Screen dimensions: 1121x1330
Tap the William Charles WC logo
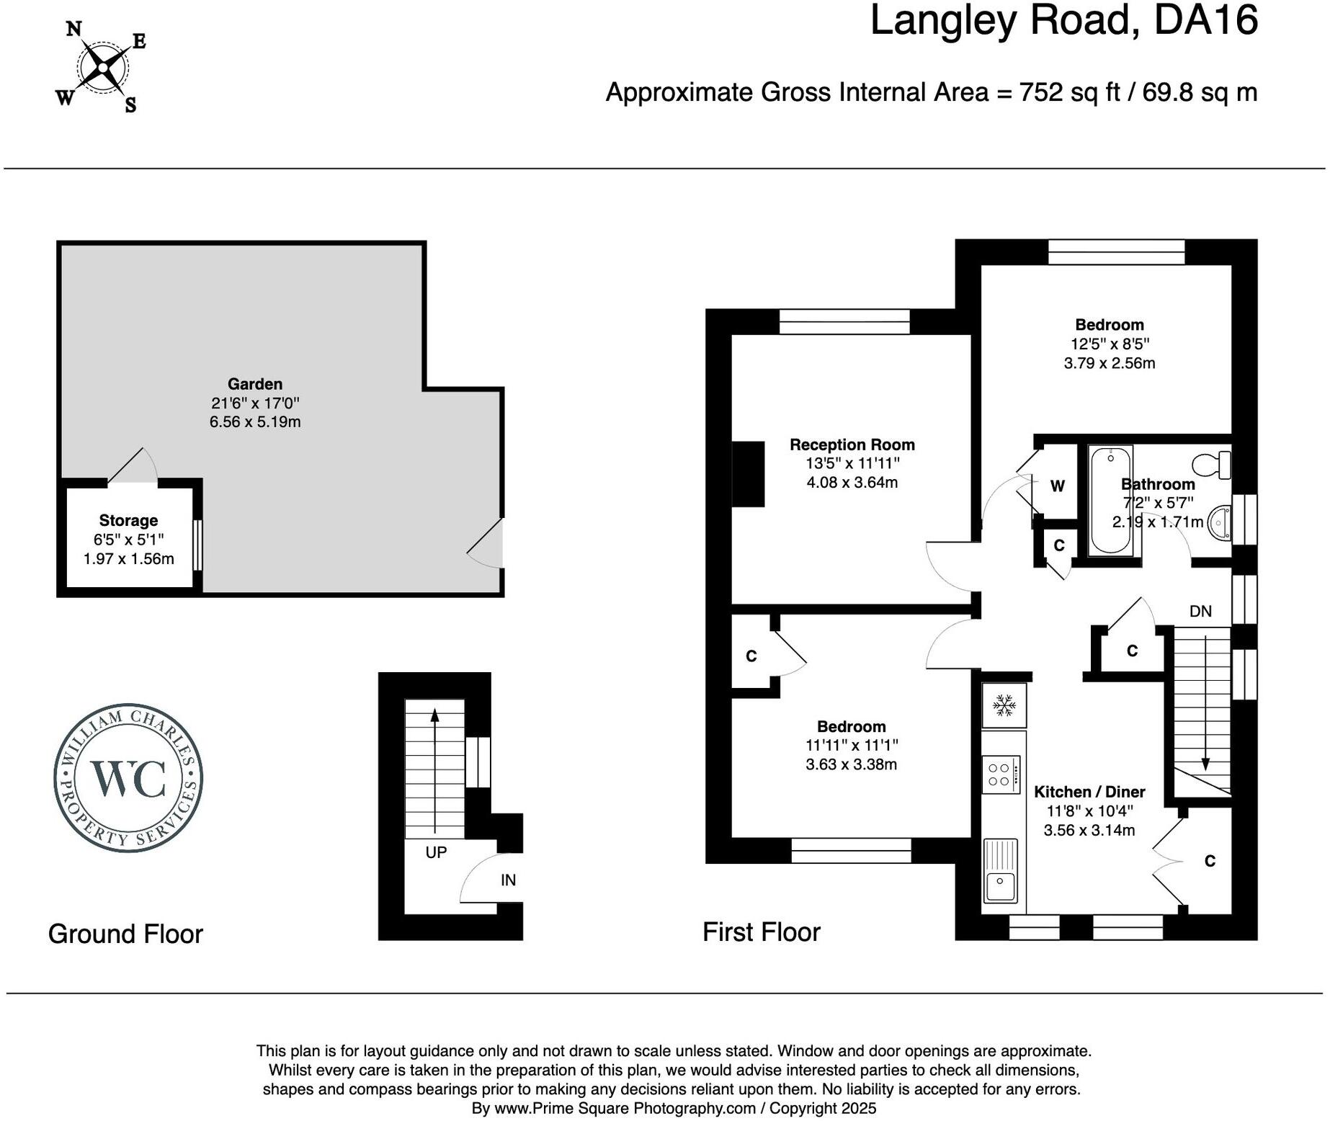pos(128,777)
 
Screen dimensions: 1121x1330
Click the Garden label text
pos(255,384)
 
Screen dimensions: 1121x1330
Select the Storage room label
pos(128,520)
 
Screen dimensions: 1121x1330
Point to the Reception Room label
pos(852,445)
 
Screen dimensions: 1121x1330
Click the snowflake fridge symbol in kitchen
pos(1004,705)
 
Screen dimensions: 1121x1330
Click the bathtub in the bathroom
pos(1110,500)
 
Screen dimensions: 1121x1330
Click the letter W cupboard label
pos(1057,486)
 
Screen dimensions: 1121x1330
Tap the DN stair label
pos(1200,612)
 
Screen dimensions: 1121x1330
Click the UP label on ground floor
pos(436,852)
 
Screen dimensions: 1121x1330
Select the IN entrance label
pos(508,880)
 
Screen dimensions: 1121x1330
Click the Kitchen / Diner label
pos(1089,792)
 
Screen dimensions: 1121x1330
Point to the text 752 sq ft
pos(1069,92)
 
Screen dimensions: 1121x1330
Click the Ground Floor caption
pos(125,934)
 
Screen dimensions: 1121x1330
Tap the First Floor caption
pos(761,932)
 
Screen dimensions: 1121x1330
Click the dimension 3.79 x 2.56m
pos(1109,363)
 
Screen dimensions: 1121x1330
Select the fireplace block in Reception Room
pos(748,474)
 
